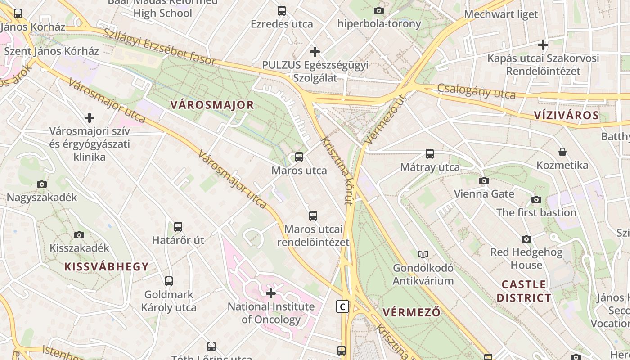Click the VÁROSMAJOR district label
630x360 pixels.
click(x=212, y=105)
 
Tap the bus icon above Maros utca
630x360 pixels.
click(x=299, y=157)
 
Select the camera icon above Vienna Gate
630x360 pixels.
click(x=484, y=180)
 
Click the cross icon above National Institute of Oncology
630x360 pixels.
click(x=271, y=294)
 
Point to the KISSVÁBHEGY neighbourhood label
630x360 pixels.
click(x=107, y=266)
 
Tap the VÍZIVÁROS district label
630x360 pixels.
click(x=567, y=115)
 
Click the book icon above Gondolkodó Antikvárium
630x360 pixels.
click(x=423, y=254)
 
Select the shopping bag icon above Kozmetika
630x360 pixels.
click(x=562, y=152)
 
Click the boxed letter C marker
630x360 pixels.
click(x=342, y=307)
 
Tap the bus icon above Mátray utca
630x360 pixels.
click(x=430, y=154)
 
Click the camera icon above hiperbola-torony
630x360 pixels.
click(x=379, y=10)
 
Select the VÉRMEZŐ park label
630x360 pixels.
click(x=412, y=312)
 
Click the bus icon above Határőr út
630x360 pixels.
click(x=178, y=227)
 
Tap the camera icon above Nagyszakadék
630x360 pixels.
click(x=42, y=184)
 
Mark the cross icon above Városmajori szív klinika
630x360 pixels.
click(x=90, y=118)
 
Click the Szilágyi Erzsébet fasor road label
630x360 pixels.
click(x=160, y=48)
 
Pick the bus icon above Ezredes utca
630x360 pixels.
click(x=282, y=10)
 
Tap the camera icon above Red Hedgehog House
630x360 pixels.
click(x=526, y=239)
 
